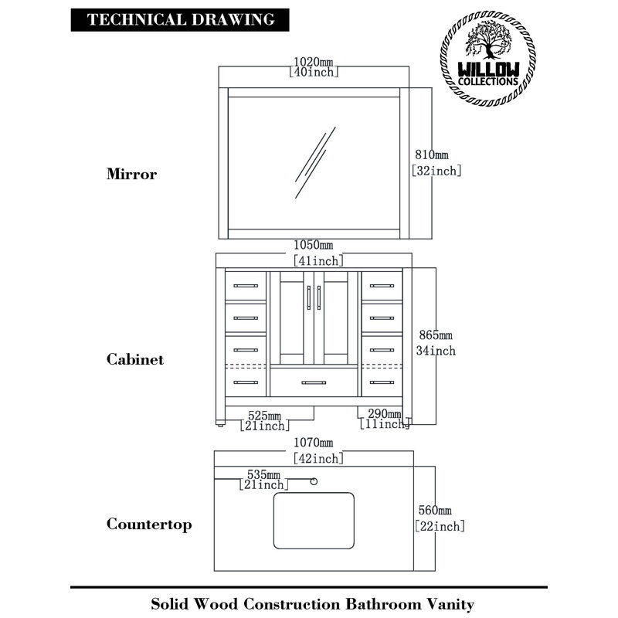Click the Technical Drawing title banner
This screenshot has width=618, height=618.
pyautogui.click(x=180, y=20)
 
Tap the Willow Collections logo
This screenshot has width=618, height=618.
pyautogui.click(x=488, y=59)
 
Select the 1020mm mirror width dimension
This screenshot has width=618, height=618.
pyautogui.click(x=314, y=67)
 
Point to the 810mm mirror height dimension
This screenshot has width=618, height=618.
pyautogui.click(x=436, y=162)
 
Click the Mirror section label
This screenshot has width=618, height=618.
pyautogui.click(x=131, y=174)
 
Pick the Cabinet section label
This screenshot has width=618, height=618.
pyautogui.click(x=134, y=359)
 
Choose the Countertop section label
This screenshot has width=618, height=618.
pyautogui.click(x=149, y=525)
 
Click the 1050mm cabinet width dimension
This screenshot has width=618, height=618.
pyautogui.click(x=318, y=253)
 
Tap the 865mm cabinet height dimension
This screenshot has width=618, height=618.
pyautogui.click(x=436, y=342)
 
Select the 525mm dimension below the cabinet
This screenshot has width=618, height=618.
pyautogui.click(x=264, y=420)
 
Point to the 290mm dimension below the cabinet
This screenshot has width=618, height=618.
pyautogui.click(x=385, y=419)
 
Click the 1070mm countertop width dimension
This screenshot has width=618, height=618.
pyautogui.click(x=318, y=450)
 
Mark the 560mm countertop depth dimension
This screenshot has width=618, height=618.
pyautogui.click(x=440, y=518)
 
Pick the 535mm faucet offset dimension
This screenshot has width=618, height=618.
pyautogui.click(x=263, y=479)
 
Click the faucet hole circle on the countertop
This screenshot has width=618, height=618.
pyautogui.click(x=314, y=481)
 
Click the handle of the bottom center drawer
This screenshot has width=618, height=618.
pyautogui.click(x=314, y=382)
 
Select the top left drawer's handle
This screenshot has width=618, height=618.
pyautogui.click(x=246, y=286)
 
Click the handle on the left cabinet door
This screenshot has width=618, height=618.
pyautogui.click(x=308, y=297)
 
